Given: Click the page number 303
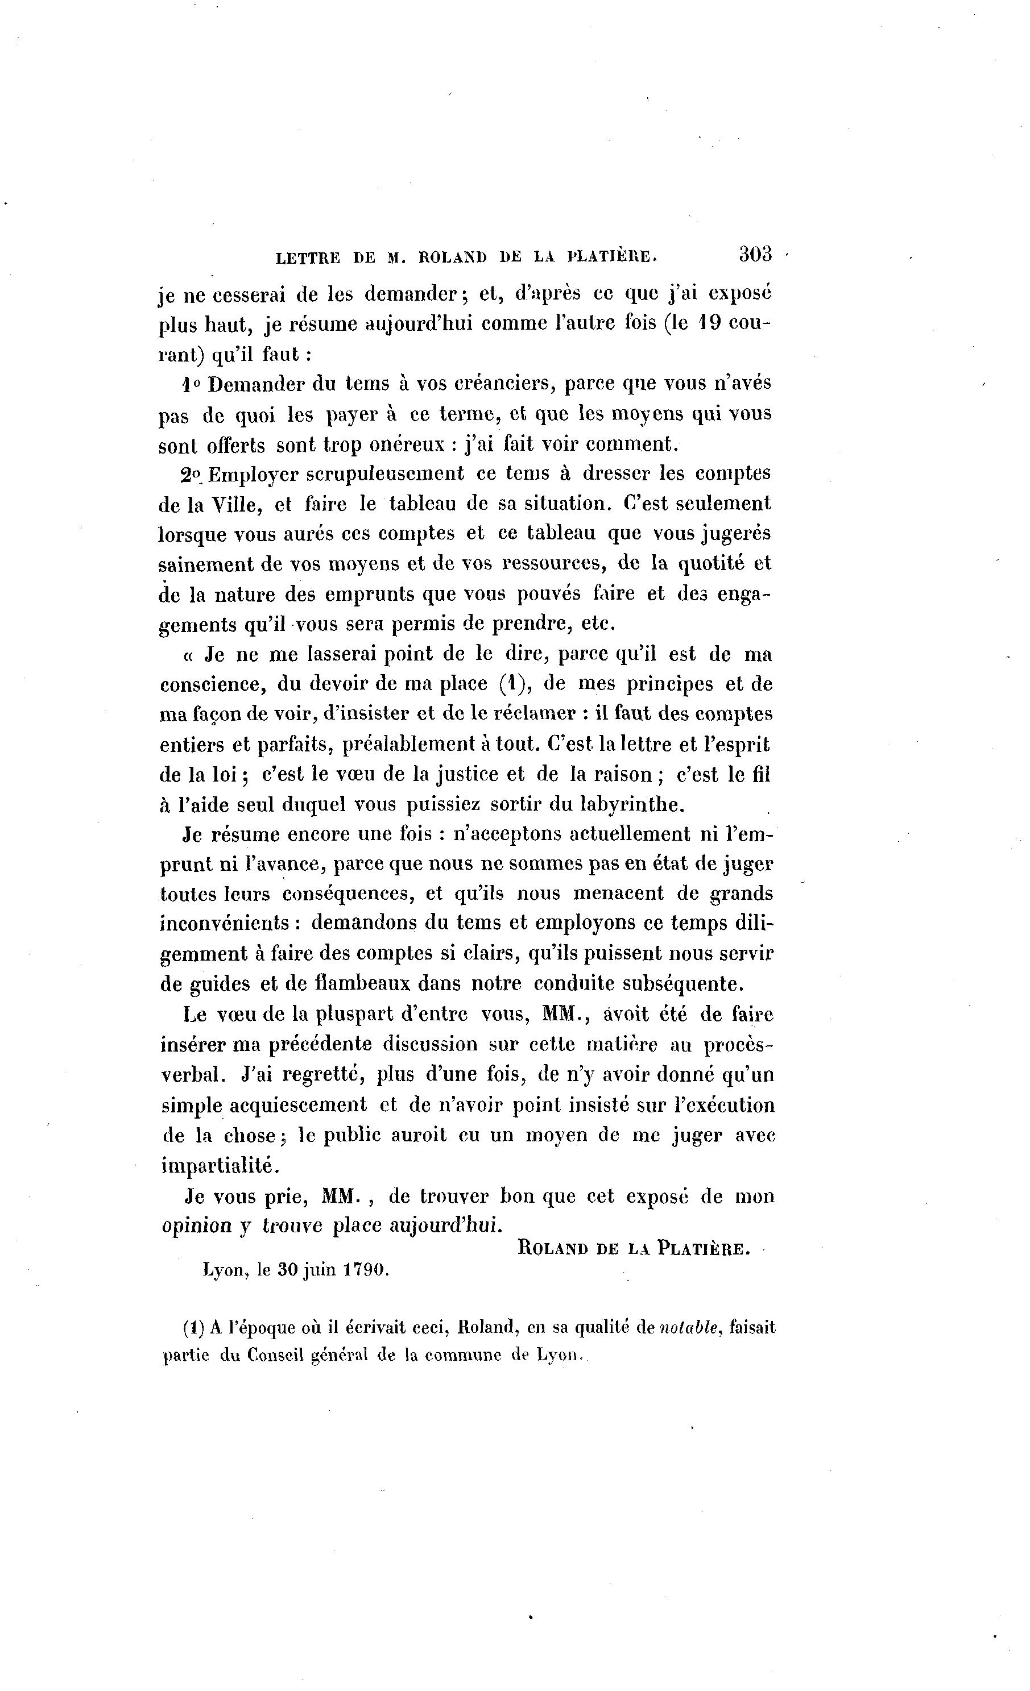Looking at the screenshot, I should point(755,255).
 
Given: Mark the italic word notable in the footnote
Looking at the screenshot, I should point(690,1327).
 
